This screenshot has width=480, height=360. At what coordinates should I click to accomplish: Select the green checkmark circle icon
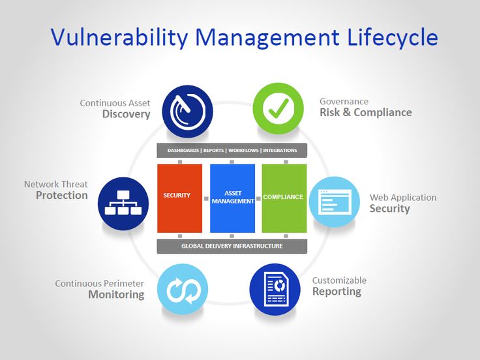pos(278,108)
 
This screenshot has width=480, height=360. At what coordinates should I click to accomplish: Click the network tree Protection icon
pos(123,202)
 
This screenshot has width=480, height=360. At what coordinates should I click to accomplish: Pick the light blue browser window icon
pos(334,202)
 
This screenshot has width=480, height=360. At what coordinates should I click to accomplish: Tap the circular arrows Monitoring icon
pos(183,289)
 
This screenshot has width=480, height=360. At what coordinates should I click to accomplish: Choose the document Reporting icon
pos(275,289)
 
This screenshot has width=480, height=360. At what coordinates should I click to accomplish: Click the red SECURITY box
pos(179,198)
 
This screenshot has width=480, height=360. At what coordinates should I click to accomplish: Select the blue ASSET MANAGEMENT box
pos(232,198)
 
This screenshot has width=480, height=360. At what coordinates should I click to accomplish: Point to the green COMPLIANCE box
pos(284,198)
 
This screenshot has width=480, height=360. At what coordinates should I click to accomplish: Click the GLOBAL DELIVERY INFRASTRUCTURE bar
pos(232,247)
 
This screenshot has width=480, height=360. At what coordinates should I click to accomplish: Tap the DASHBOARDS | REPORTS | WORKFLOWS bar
pos(232,151)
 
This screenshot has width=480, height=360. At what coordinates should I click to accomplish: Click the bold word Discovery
pos(126,114)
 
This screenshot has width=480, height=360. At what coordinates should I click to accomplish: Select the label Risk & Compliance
pos(365,113)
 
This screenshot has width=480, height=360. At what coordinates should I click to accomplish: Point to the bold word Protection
pos(61,196)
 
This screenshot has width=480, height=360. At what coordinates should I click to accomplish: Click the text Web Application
pos(403,198)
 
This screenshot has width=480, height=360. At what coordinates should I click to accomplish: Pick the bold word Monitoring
pos(116,295)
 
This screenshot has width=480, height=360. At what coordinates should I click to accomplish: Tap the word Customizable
pos(339,280)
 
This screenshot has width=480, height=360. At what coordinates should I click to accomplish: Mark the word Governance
pos(344,102)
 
